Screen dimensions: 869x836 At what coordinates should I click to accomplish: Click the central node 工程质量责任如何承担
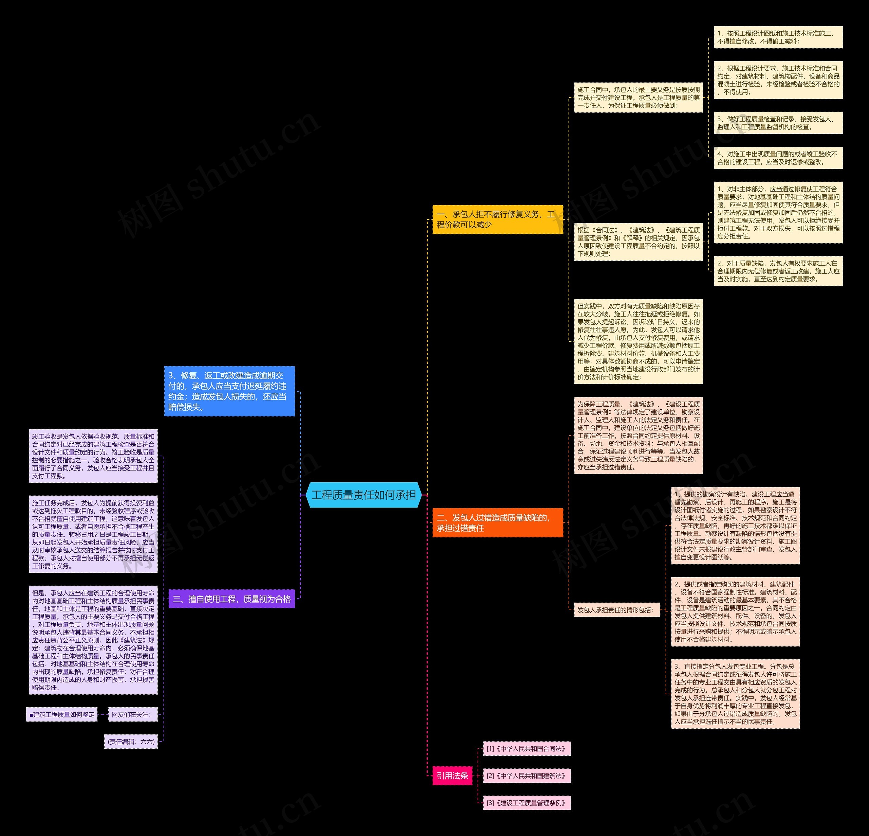click(363, 495)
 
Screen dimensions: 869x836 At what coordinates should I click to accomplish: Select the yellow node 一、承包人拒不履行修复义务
click(497, 219)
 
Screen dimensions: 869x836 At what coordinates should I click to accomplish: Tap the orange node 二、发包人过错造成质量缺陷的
click(497, 523)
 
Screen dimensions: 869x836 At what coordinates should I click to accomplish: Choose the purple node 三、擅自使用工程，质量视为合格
click(232, 599)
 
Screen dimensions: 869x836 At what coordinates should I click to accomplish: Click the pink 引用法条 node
click(452, 776)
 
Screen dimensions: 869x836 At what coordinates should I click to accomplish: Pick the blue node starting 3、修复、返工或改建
click(229, 391)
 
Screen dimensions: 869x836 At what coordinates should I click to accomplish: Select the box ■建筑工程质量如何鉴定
click(62, 714)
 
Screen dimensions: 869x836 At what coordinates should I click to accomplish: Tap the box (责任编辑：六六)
click(131, 742)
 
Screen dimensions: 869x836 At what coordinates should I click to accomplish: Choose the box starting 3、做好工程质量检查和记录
click(778, 123)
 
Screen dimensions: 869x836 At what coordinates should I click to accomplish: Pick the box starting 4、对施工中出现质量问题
click(778, 158)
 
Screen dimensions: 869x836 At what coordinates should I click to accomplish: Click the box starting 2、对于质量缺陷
click(778, 271)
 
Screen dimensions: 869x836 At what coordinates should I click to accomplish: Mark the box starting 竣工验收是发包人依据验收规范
click(93, 456)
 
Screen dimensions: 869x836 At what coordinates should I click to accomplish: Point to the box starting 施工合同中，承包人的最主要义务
click(638, 97)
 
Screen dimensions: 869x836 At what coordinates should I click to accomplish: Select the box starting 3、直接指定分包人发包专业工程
click(735, 694)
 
